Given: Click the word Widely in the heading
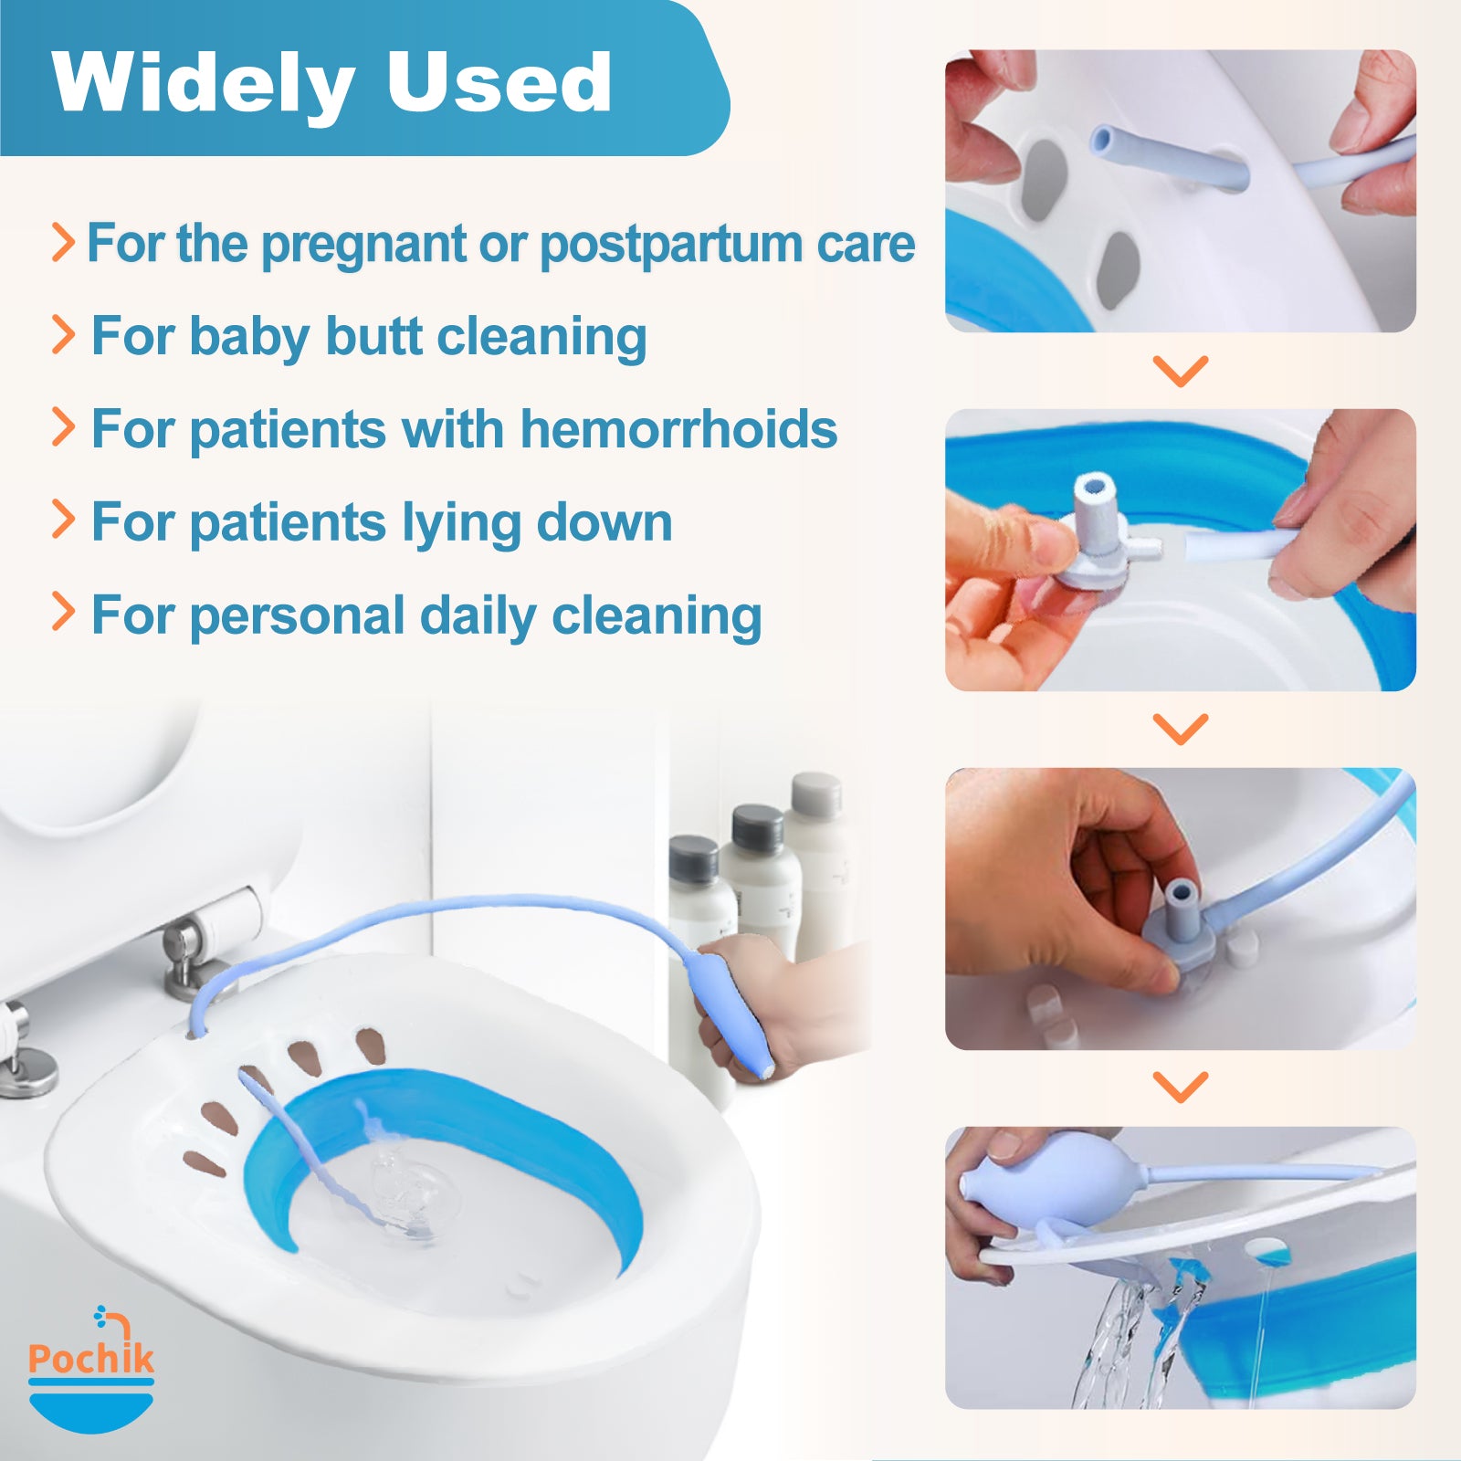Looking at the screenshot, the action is coord(203,84).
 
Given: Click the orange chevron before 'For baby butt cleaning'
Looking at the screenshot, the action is coord(63,334).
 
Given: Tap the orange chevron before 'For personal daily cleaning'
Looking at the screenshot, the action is coord(63,612).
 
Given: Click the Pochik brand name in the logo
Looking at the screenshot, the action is coord(91,1358).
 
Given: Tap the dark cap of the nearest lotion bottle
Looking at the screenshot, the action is coord(693,860).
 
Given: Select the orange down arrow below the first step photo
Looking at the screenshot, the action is coord(1181,371).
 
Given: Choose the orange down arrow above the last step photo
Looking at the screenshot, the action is coord(1181,1087).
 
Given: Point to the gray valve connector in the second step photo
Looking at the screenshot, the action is coord(1097,539).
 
